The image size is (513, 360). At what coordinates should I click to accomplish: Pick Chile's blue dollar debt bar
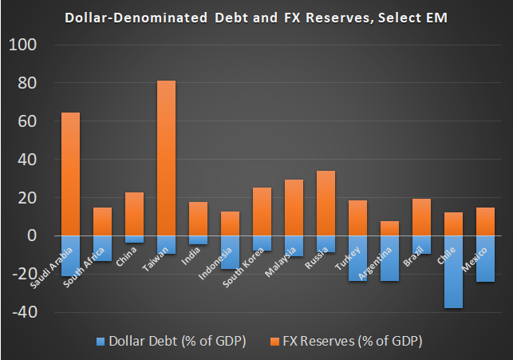(453, 271)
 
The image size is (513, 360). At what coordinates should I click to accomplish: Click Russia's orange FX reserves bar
(326, 204)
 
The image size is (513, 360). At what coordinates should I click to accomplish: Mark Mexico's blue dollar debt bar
(485, 259)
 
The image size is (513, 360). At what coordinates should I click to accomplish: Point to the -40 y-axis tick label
(22, 311)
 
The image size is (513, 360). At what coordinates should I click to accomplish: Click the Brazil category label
(414, 254)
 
